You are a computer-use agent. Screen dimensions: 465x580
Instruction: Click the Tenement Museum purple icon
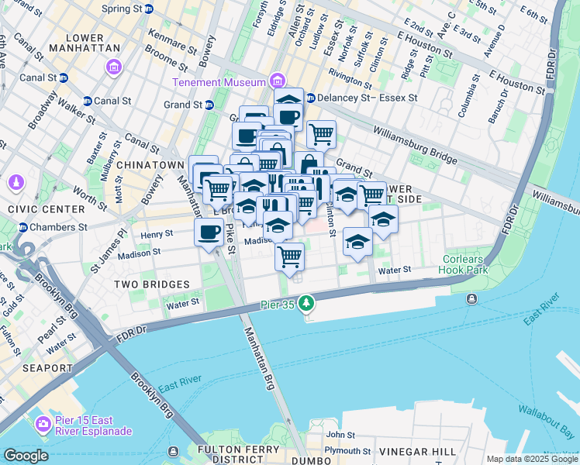[277, 81]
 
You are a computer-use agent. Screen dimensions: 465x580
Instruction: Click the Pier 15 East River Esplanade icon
[43, 425]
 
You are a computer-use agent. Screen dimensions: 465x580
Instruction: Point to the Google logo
[26, 455]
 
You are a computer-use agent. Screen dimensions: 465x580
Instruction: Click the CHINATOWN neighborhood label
[150, 165]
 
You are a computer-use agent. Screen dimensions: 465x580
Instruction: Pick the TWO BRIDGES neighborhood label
[147, 284]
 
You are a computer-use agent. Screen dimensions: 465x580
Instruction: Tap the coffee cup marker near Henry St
[209, 232]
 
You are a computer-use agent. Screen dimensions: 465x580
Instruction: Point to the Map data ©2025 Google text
[531, 459]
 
